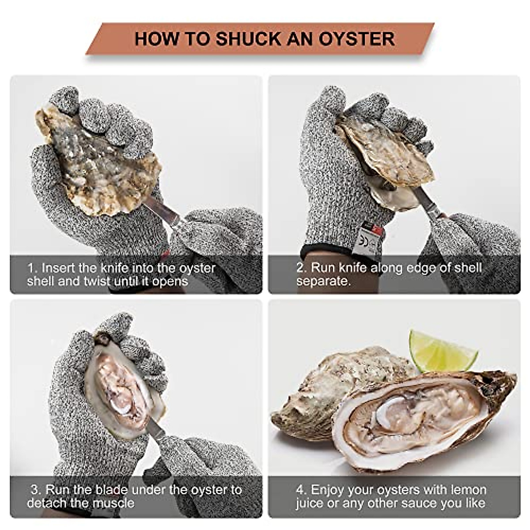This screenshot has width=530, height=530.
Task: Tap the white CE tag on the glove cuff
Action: [x=367, y=242]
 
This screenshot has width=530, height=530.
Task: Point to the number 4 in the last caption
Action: [x=300, y=490]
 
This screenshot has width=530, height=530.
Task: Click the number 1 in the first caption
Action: [x=31, y=268]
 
